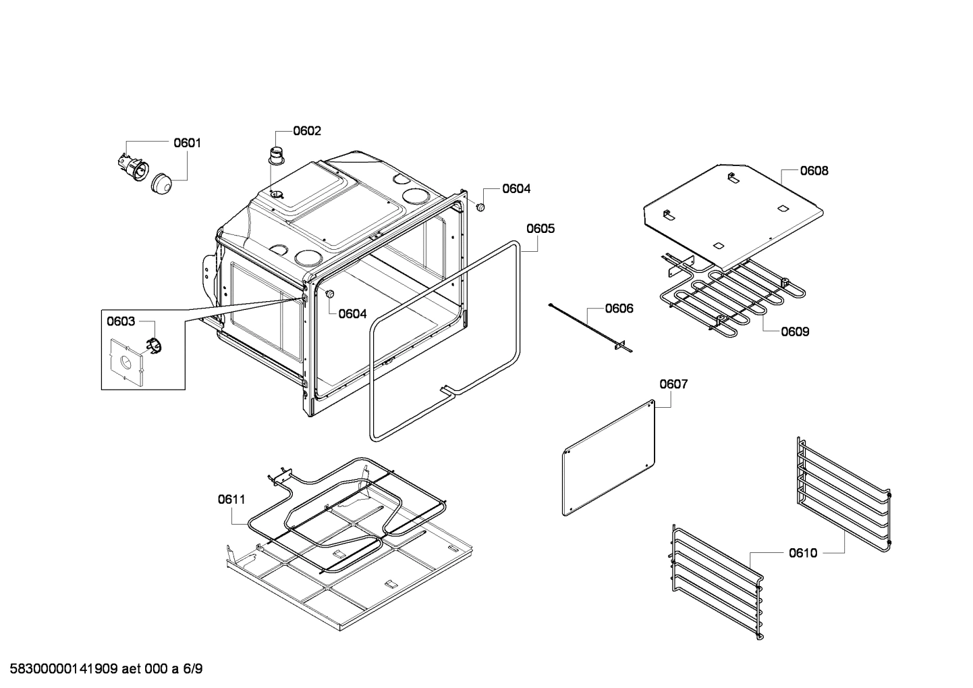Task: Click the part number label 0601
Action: click(x=187, y=142)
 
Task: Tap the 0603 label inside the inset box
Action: click(x=121, y=321)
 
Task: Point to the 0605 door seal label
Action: click(x=540, y=228)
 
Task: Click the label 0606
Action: click(x=619, y=309)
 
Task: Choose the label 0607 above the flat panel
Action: click(x=673, y=384)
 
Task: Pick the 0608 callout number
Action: click(x=814, y=171)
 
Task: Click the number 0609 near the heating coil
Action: click(x=795, y=332)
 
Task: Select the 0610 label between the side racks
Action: click(x=803, y=553)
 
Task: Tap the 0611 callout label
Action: click(x=231, y=500)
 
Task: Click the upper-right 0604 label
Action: click(x=516, y=189)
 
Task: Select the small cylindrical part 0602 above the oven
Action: click(x=276, y=155)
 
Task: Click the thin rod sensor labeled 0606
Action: click(x=587, y=328)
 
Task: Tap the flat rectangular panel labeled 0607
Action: click(x=609, y=457)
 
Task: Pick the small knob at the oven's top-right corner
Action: click(x=480, y=207)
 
